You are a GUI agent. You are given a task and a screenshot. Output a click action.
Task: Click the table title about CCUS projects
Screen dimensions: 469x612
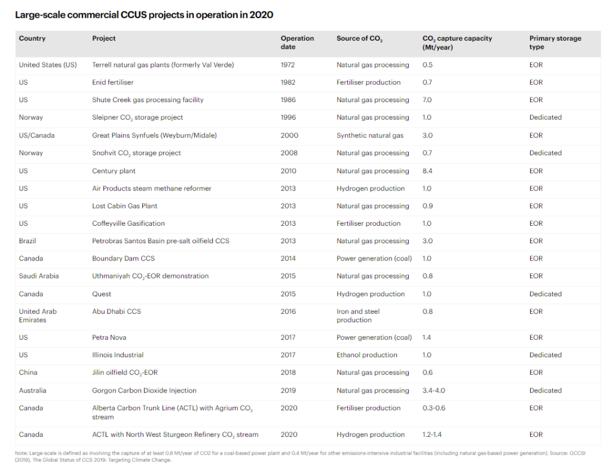click(x=144, y=14)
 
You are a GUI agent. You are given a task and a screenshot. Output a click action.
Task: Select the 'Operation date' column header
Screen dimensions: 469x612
click(x=297, y=42)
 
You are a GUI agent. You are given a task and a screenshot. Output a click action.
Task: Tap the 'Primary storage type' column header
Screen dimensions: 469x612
click(x=555, y=42)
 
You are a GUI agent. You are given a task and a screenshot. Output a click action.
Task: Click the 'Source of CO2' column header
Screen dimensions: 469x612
click(x=359, y=39)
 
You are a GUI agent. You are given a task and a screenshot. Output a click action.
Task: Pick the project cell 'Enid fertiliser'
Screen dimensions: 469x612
click(x=112, y=82)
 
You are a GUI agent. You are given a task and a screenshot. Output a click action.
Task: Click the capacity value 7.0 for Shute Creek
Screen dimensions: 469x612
click(x=427, y=100)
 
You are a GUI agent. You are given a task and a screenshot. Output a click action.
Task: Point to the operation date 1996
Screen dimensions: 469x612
click(x=288, y=118)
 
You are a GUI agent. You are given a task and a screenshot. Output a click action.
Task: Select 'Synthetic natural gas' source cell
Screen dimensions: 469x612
click(x=369, y=136)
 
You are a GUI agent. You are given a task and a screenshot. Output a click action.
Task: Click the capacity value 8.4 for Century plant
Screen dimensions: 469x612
click(x=427, y=171)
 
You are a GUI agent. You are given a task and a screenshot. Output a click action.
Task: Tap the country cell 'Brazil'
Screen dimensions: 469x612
click(x=29, y=241)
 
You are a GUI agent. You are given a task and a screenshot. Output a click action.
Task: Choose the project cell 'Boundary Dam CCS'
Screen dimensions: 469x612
click(x=121, y=259)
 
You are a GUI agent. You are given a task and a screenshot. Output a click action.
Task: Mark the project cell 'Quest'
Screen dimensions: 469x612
click(x=102, y=294)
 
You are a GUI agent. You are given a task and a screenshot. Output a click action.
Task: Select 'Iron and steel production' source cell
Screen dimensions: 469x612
click(x=358, y=315)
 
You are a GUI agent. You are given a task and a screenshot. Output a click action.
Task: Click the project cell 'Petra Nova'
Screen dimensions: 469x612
click(x=109, y=338)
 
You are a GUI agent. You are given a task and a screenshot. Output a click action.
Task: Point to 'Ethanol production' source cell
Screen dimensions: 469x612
click(x=366, y=355)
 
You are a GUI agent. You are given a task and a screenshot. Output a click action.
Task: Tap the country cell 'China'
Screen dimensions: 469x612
click(x=28, y=372)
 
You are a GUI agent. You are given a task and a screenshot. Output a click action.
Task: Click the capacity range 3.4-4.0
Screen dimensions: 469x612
click(x=434, y=391)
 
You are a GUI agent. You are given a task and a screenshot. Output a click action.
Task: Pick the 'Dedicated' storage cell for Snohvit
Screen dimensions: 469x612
click(x=545, y=153)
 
